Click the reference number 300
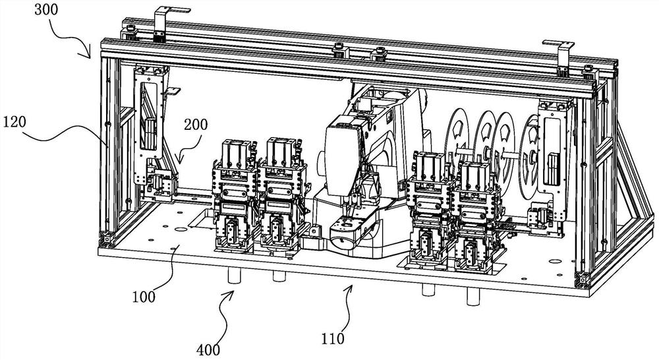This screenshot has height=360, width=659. [x=46, y=10]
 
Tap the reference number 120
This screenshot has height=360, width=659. [x=14, y=122]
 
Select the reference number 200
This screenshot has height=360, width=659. [x=196, y=124]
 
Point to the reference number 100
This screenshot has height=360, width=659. [x=144, y=297]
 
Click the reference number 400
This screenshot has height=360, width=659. [x=208, y=349]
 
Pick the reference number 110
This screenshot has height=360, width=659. [x=333, y=338]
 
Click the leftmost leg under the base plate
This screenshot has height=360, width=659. [x=234, y=276]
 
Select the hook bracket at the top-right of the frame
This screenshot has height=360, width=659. [x=560, y=56]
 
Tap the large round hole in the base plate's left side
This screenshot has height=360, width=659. [x=181, y=229]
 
